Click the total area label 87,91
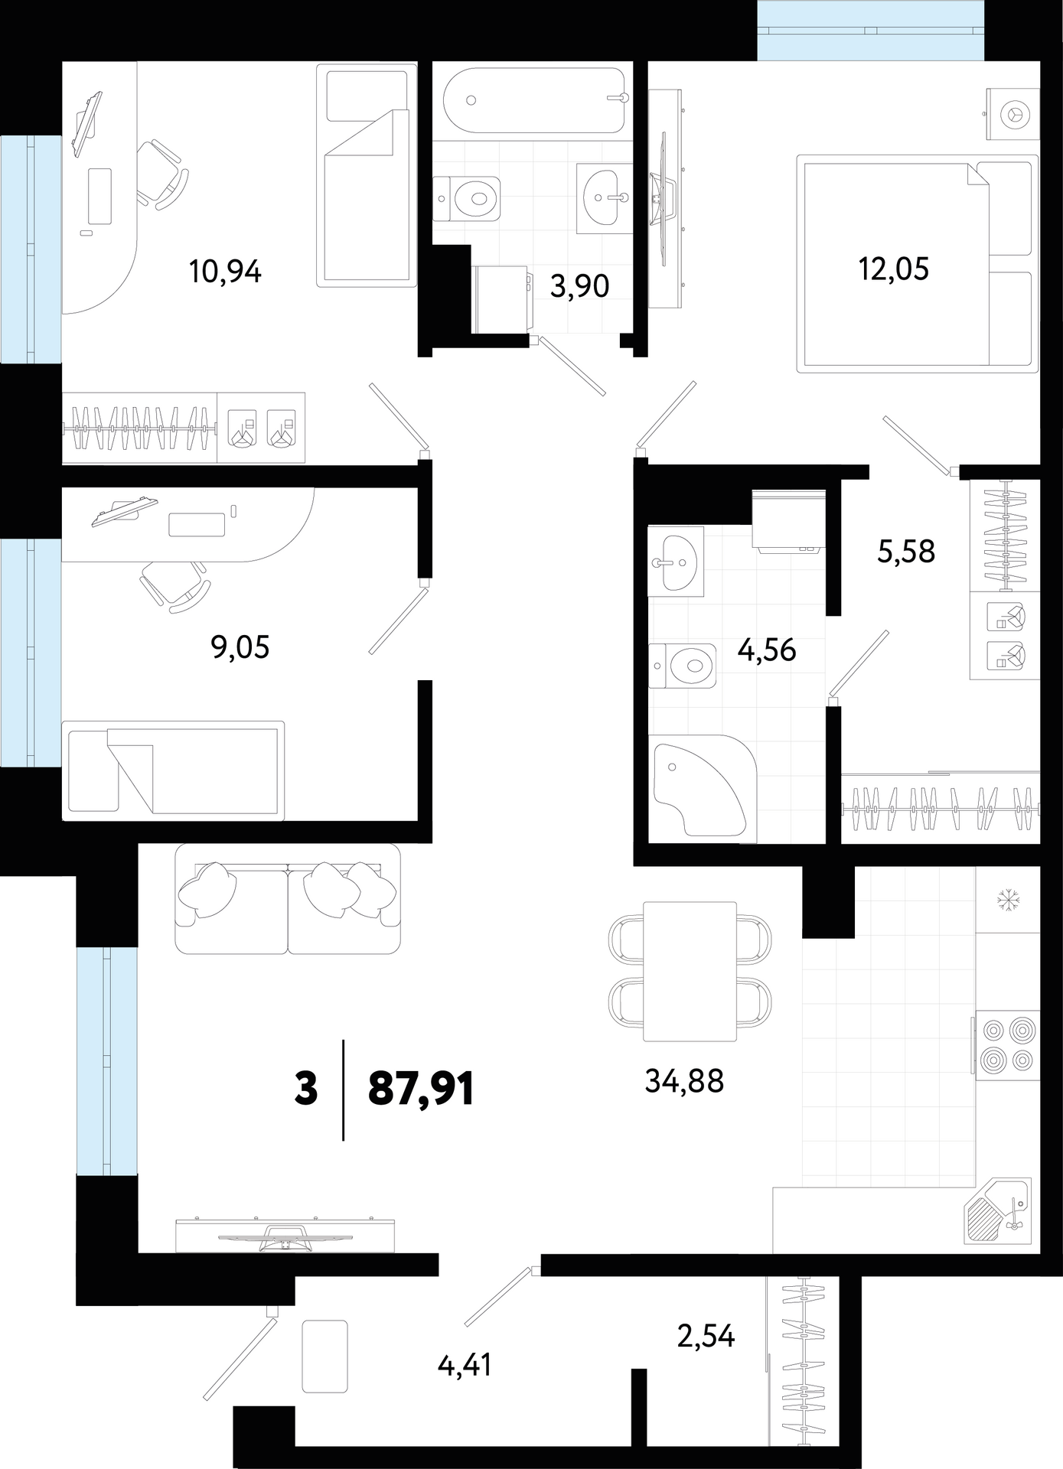click(421, 1088)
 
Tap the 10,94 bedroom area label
click(226, 272)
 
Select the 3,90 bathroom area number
click(580, 286)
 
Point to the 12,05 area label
click(894, 269)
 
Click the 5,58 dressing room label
click(906, 551)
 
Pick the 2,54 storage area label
click(706, 1336)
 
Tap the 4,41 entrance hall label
click(465, 1364)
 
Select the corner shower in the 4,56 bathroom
click(702, 786)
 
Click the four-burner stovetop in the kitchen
click(1007, 1045)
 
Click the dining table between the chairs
click(690, 971)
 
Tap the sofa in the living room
click(288, 899)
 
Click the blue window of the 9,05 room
click(31, 653)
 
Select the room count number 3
click(305, 1089)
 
